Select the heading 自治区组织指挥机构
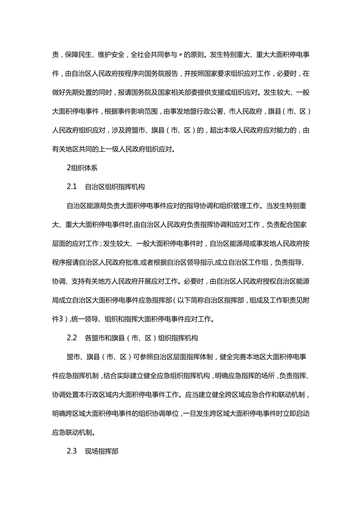pos(115,187)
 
